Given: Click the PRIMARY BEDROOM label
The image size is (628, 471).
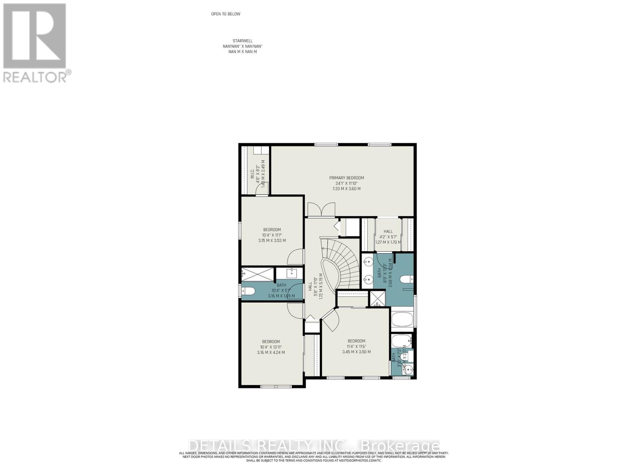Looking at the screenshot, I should coord(346,178).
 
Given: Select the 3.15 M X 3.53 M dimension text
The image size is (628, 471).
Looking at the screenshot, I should coord(272,241).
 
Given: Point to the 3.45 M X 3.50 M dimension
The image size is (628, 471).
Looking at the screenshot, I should coord(356,352).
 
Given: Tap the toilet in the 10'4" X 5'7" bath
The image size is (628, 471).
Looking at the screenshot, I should coord(249,291).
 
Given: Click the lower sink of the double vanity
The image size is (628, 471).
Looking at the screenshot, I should coord(368,279).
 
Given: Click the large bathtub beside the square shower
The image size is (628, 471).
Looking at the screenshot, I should coord(402,320).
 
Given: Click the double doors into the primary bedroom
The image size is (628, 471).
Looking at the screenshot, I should coord(321,209).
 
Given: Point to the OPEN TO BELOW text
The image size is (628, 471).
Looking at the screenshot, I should coord(226,14).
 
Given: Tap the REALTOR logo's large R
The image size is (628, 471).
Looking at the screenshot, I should coord(35,36).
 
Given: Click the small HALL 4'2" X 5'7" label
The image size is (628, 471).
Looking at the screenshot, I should coord(388,232).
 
